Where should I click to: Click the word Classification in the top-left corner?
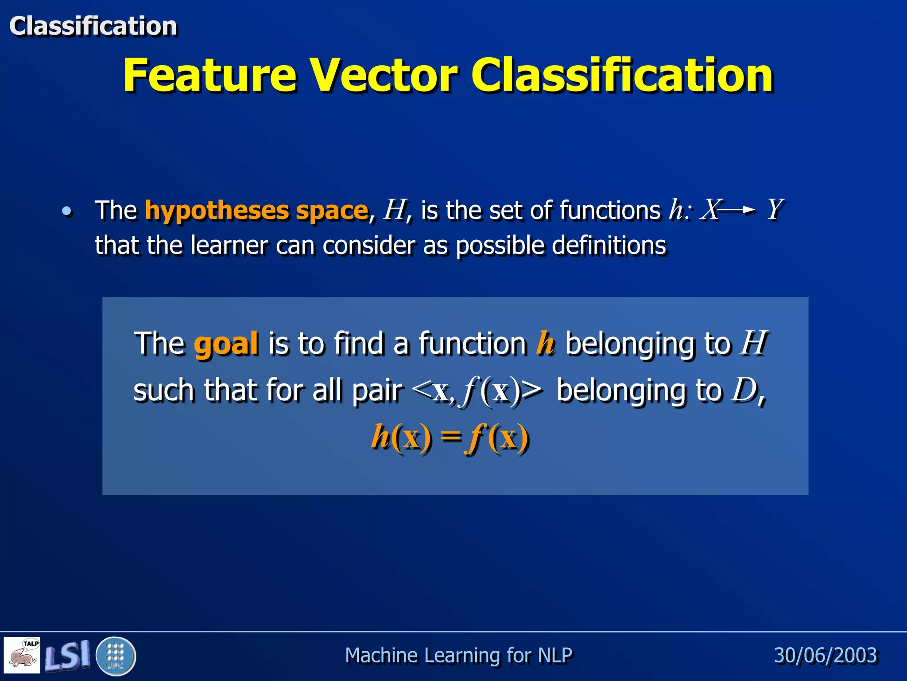pos(93,26)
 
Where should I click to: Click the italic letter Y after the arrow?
pos(775,209)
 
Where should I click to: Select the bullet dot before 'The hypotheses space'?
pos(66,211)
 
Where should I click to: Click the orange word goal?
pos(226,344)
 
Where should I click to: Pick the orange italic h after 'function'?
pos(545,343)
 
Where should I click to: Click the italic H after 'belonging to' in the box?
pos(754,343)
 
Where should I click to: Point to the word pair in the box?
pos(377,391)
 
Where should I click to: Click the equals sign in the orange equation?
pos(450,437)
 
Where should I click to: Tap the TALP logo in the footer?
pos(22,655)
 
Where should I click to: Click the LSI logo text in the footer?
pos(68,655)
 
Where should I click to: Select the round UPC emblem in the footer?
pos(115,656)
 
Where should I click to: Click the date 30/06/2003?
pos(826,655)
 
